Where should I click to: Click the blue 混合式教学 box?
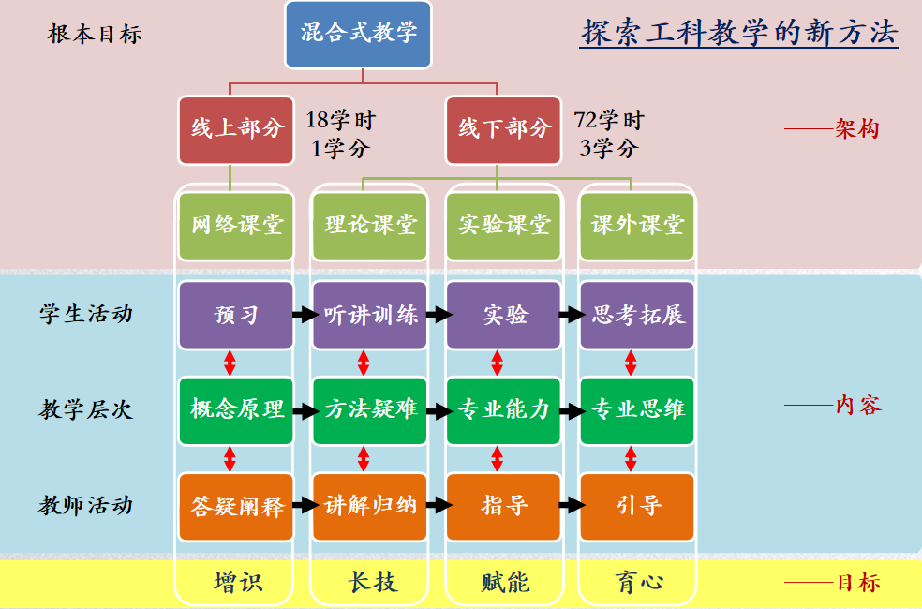click(358, 34)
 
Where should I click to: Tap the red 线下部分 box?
click(504, 128)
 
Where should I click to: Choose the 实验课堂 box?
click(504, 226)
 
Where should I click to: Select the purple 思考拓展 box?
click(638, 315)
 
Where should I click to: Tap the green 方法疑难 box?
click(370, 409)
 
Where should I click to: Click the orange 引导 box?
click(638, 506)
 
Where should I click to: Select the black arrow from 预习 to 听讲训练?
click(304, 315)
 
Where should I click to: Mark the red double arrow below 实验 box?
click(498, 363)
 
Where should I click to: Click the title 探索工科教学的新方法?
click(739, 33)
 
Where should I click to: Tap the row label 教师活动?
click(85, 506)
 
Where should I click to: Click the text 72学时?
click(609, 121)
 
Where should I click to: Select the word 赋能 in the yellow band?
click(505, 583)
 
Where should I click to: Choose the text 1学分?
click(340, 148)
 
